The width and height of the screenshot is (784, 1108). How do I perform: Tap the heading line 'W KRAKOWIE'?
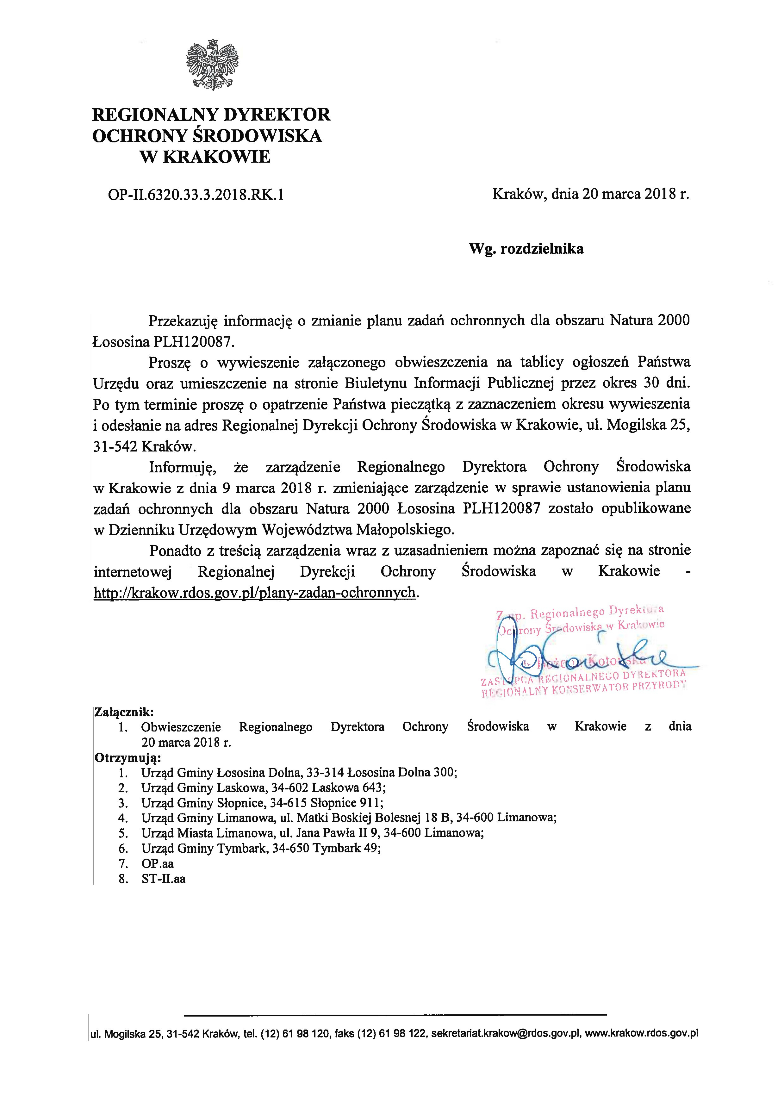pyautogui.click(x=205, y=157)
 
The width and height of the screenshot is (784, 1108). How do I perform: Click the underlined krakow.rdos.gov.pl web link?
pyautogui.click(x=254, y=592)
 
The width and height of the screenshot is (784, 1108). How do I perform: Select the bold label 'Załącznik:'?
pyautogui.click(x=125, y=712)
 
